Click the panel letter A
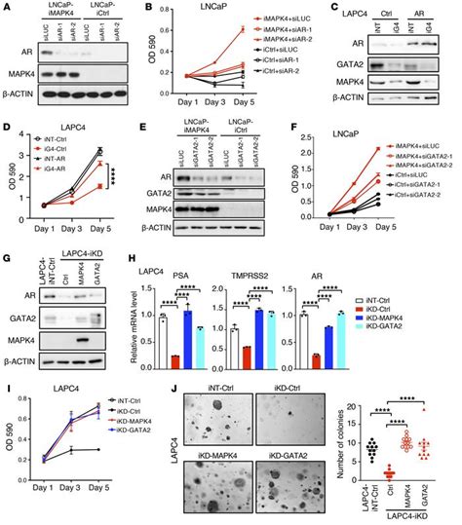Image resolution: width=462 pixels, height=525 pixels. pos(7,8)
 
